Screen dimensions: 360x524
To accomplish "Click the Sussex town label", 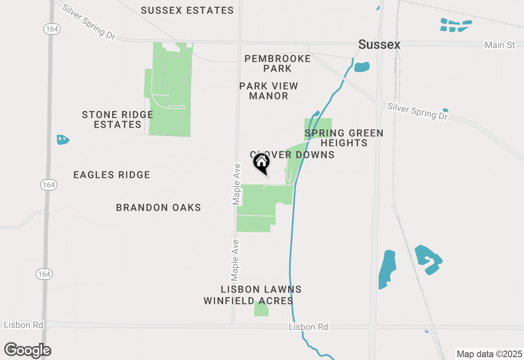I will [x=379, y=45].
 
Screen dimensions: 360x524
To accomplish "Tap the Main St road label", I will [x=499, y=45].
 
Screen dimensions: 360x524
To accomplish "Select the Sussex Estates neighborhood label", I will [x=187, y=11].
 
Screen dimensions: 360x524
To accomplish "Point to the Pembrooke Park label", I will [x=278, y=63].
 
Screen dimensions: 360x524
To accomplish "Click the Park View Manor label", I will [x=269, y=91].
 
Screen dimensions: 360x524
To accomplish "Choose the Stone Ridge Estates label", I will [x=117, y=119].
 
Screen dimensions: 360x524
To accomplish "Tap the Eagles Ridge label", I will [x=112, y=175].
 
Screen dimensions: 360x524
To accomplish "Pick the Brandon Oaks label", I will [x=158, y=207].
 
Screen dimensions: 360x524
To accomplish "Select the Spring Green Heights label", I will [x=344, y=138].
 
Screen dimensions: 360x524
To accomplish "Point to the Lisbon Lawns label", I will [x=261, y=290].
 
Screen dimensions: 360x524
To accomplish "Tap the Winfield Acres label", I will [x=248, y=301].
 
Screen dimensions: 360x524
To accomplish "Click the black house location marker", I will [x=262, y=162].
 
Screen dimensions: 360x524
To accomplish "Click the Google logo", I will [x=27, y=351].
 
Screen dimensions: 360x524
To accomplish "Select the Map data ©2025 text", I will [x=489, y=354].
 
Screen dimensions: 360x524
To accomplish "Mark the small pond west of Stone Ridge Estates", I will [x=62, y=140].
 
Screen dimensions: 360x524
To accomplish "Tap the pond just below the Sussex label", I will [x=362, y=67].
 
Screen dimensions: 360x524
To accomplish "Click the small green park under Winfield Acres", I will [x=261, y=309].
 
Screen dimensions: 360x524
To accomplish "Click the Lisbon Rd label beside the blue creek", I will [x=308, y=327].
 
